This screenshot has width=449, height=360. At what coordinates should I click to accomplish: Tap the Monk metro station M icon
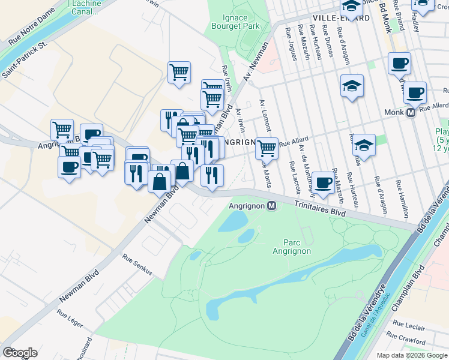(412, 112)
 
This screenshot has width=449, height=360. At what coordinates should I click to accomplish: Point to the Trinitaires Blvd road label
(321, 208)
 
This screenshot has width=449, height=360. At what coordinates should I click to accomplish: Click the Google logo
(20, 353)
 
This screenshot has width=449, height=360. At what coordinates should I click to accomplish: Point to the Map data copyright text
(412, 355)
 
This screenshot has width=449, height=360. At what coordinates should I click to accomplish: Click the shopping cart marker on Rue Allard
(267, 148)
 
